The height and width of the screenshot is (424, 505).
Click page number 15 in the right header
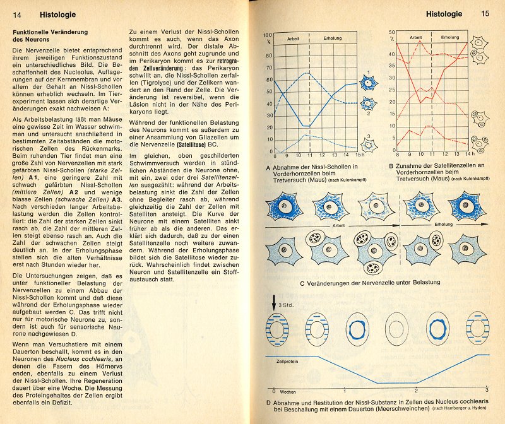[x=485, y=13]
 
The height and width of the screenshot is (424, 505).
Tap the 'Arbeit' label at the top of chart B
[x=415, y=38]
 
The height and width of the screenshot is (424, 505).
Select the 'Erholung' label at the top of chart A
[x=333, y=38]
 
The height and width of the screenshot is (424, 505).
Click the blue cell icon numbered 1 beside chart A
[x=368, y=81]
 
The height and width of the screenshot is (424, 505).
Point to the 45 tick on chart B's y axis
[x=393, y=44]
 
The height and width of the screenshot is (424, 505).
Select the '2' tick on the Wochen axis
[x=416, y=391]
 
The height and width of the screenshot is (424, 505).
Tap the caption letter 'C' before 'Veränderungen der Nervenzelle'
[x=303, y=282]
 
